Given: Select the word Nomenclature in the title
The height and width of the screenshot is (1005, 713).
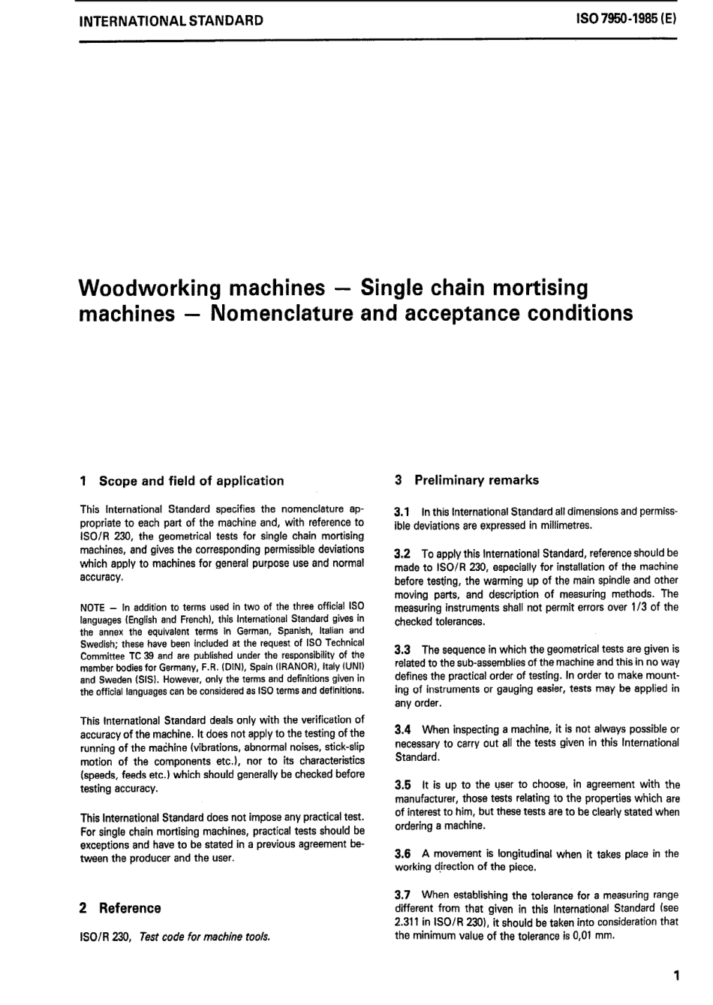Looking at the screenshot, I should click(x=282, y=312).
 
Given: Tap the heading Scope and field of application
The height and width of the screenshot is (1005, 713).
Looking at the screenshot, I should click(x=191, y=481).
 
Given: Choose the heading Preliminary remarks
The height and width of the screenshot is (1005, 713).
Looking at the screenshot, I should click(x=477, y=480).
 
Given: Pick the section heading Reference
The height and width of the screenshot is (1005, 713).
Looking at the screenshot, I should click(x=130, y=908).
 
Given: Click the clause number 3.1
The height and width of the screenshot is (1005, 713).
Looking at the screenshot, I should click(x=403, y=512).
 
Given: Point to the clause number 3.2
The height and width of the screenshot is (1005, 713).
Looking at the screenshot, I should click(x=403, y=554).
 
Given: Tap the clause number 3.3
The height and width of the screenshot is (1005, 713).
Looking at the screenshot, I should click(x=403, y=649).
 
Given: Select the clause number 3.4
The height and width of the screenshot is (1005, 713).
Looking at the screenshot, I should click(x=403, y=729).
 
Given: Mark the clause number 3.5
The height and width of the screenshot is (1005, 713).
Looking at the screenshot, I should click(x=403, y=785).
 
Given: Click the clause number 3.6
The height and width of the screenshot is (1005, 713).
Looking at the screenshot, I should click(x=403, y=854).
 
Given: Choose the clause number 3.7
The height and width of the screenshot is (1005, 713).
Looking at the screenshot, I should click(x=403, y=895).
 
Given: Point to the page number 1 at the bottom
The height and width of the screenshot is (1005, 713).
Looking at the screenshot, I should click(x=676, y=976).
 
